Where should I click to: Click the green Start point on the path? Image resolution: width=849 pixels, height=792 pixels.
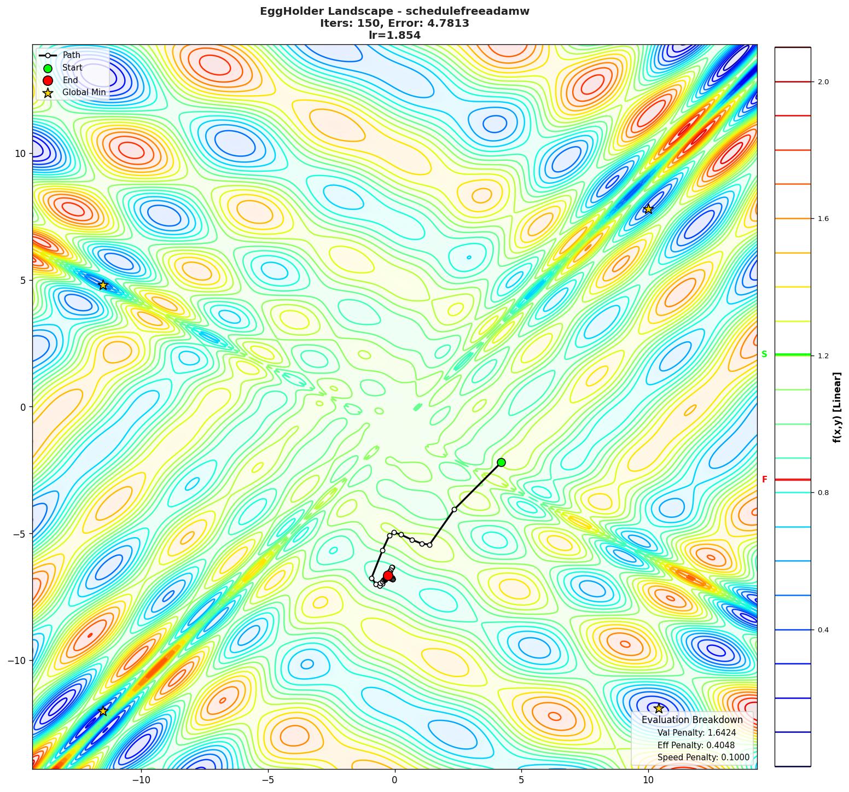pos(501,462)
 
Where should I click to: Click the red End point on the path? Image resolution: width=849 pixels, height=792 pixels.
pos(388,575)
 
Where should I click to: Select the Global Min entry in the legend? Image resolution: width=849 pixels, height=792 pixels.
pos(84,92)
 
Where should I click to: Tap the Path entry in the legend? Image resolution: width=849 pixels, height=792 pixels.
pos(71,55)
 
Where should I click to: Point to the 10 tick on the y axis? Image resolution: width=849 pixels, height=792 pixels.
pos(20,153)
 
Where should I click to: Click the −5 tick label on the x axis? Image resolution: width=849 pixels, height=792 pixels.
pos(268,779)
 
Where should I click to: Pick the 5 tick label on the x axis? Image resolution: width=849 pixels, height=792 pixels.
pos(521,779)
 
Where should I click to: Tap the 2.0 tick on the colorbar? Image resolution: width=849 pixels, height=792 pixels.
pos(823,82)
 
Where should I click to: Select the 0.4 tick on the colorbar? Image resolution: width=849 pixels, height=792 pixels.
pos(823,630)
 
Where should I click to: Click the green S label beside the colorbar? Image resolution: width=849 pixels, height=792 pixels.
pos(764,354)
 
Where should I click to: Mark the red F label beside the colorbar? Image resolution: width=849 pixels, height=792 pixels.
pos(764,480)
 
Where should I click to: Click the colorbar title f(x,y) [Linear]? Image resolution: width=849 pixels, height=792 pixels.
pos(837,407)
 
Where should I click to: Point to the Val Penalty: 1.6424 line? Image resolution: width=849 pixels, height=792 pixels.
pos(696,733)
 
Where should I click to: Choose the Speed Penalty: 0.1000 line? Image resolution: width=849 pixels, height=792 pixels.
pos(703,758)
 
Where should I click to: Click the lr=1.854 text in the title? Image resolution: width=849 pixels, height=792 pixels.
pos(394,36)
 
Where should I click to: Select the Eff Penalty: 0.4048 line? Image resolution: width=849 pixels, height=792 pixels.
pos(696,745)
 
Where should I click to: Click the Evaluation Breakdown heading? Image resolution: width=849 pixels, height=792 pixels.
pos(692,720)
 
